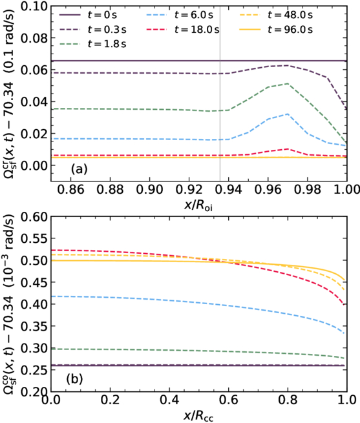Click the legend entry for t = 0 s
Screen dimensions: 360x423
pyautogui.click(x=88, y=15)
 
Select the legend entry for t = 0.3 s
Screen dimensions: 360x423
pyautogui.click(x=93, y=30)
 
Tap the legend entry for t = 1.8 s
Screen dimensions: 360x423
pyautogui.click(x=93, y=44)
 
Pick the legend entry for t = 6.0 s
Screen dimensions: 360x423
pyautogui.click(x=180, y=15)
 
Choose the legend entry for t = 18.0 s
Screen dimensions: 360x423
pyautogui.click(x=183, y=30)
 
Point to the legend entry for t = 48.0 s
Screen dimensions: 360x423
pyautogui.click(x=276, y=15)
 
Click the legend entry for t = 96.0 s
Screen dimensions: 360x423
pyautogui.click(x=276, y=30)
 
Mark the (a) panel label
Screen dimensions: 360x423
pyautogui.click(x=79, y=169)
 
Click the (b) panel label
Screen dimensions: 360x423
pyautogui.click(x=74, y=379)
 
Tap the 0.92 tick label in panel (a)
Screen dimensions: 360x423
pyautogui.click(x=189, y=189)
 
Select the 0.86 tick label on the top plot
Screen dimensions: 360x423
pyautogui.click(x=70, y=189)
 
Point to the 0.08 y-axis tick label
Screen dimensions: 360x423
pyautogui.click(x=34, y=38)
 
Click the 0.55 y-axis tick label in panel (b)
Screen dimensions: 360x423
pyautogui.click(x=34, y=238)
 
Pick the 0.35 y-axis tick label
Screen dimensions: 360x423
pyautogui.click(x=34, y=326)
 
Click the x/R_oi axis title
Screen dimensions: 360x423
pyautogui.click(x=198, y=205)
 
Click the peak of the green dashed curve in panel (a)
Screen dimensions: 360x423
pyautogui.click(x=288, y=83)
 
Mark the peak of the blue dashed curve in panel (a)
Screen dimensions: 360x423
pyautogui.click(x=288, y=114)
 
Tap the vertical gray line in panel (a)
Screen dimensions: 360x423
pyautogui.click(x=220, y=94)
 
